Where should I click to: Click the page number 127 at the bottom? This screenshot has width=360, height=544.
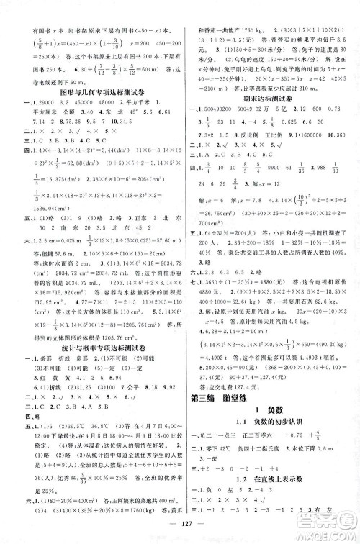coord(179,533)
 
